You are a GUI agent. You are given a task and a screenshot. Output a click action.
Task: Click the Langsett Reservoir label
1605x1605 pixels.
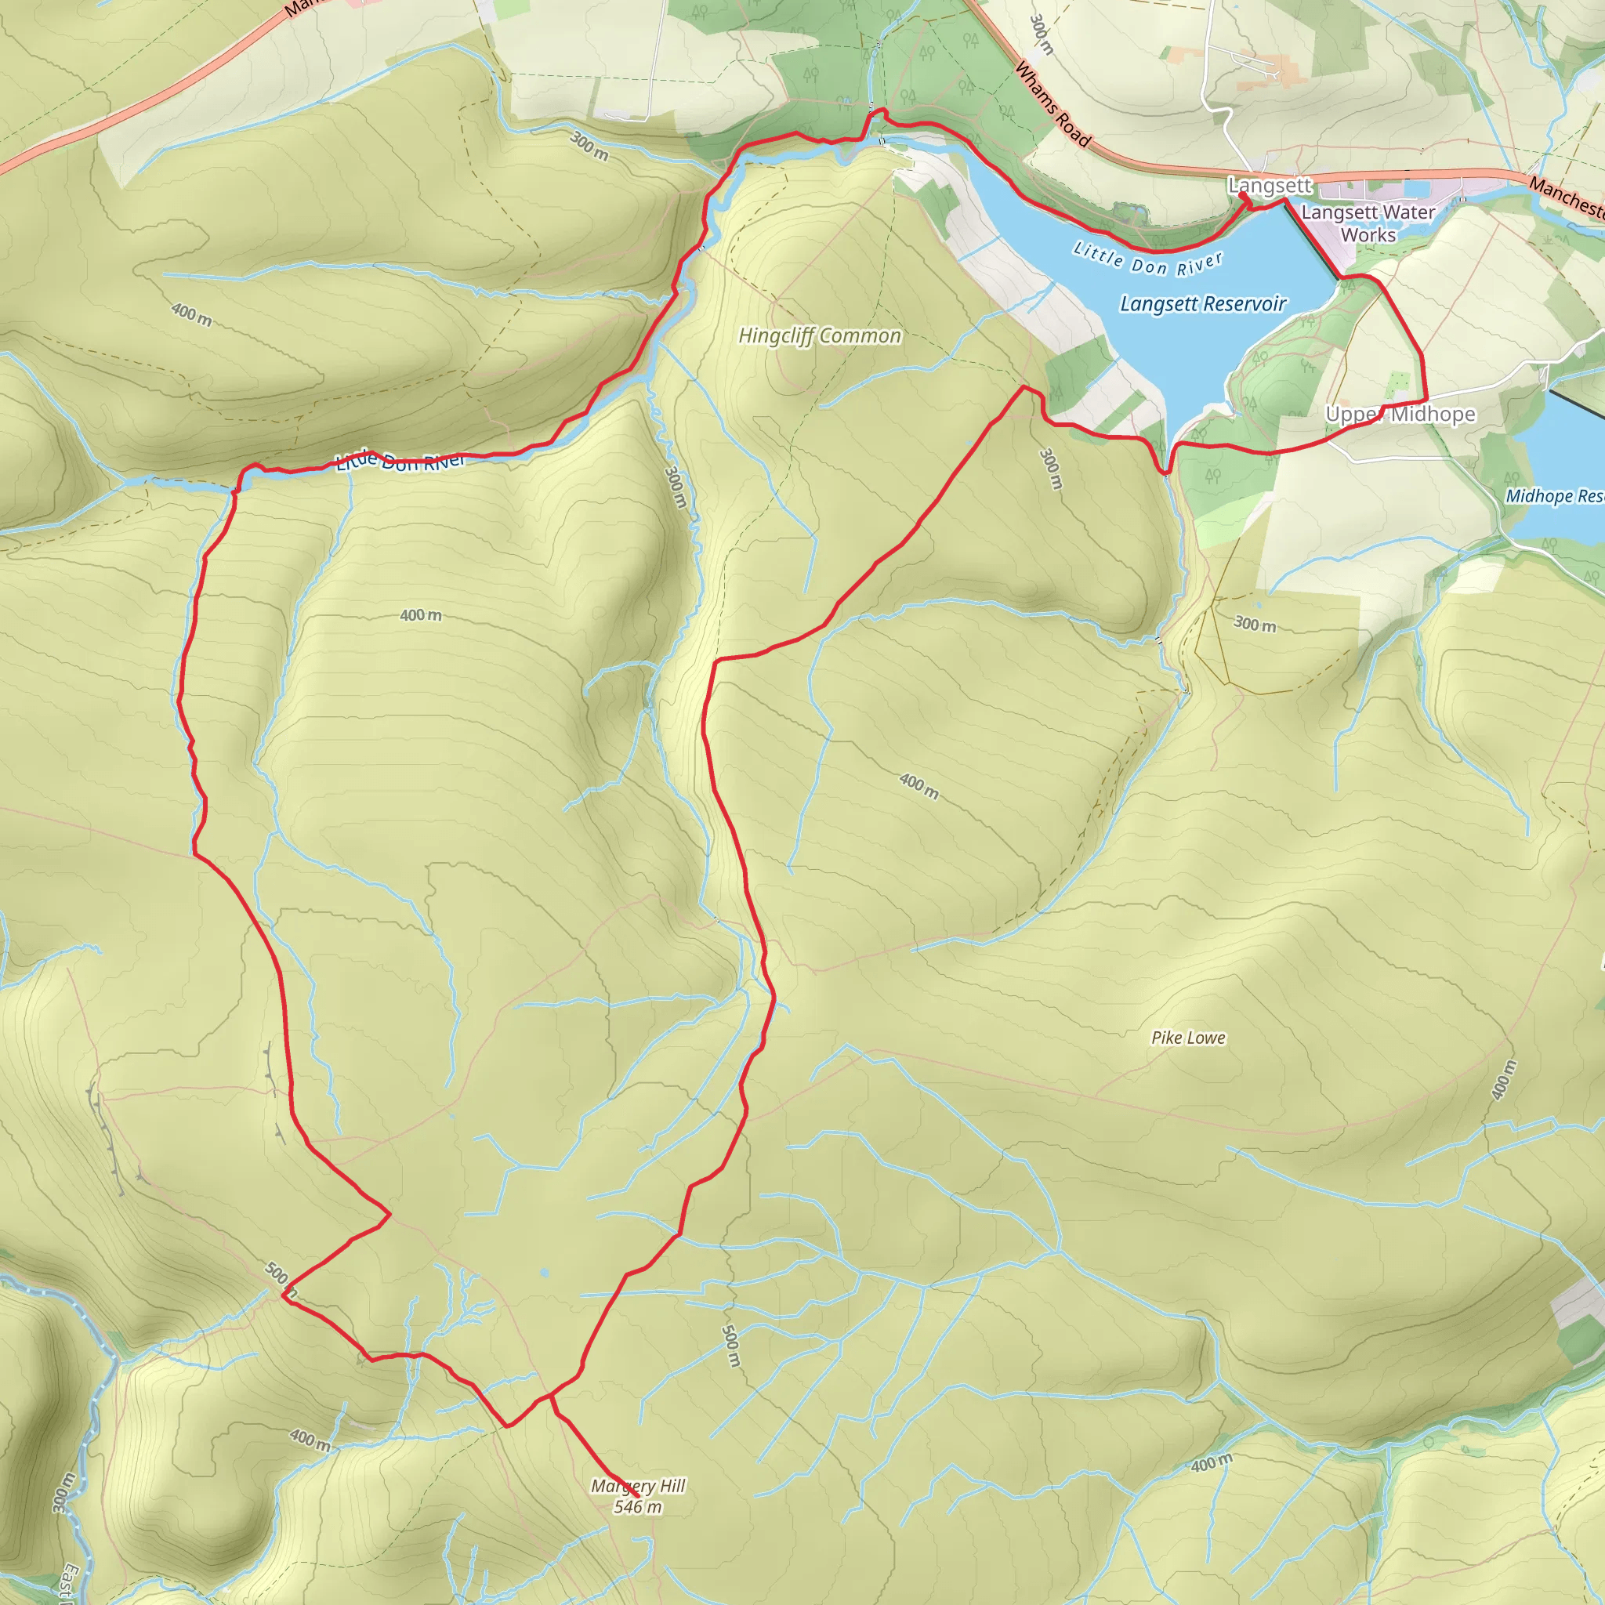[x=1203, y=304]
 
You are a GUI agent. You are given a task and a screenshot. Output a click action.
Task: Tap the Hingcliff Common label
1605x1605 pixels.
[x=819, y=335]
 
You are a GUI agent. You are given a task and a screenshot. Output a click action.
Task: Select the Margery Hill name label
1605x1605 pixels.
[x=638, y=1486]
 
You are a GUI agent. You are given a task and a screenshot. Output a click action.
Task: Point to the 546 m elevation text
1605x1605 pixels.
[x=638, y=1507]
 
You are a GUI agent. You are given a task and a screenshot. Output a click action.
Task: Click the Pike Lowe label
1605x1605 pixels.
[x=1188, y=1038]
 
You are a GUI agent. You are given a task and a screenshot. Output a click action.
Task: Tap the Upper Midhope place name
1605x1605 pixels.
[x=1400, y=414]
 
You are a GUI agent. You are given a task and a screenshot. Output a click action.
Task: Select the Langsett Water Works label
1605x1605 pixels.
[x=1368, y=223]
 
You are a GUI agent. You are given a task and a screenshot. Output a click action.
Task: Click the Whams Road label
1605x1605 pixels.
[x=1052, y=105]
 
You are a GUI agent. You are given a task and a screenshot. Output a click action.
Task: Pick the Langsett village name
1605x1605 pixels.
[x=1270, y=185]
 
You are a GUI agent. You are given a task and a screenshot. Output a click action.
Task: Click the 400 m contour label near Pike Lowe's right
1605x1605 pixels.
[x=1503, y=1080]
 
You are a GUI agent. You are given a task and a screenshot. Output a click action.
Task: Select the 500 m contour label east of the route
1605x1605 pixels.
[x=730, y=1346]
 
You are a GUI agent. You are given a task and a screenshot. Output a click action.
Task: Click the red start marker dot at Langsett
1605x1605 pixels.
[x=1243, y=196]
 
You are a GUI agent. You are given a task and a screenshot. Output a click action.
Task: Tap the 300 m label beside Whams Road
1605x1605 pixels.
[x=1041, y=35]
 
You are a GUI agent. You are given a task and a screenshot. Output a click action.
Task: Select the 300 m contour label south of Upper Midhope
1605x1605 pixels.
[x=1255, y=624]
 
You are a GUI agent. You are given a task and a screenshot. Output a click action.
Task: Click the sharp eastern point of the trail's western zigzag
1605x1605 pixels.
[x=389, y=1215]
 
